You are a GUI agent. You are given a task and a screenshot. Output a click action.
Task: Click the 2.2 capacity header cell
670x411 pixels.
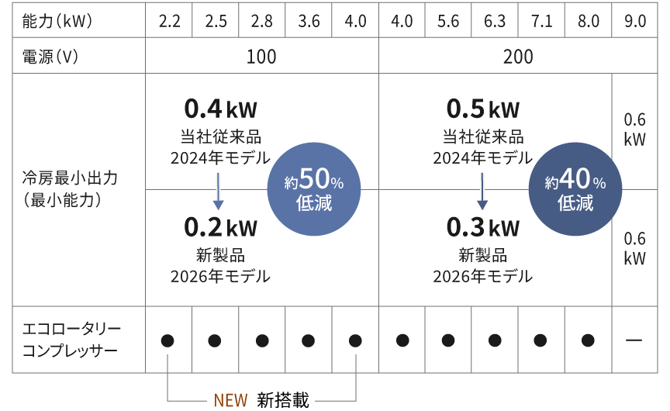(x=169, y=21)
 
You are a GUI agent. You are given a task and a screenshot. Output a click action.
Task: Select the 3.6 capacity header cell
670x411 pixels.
(x=309, y=21)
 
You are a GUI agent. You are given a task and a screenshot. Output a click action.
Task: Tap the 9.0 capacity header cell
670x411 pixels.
(x=634, y=21)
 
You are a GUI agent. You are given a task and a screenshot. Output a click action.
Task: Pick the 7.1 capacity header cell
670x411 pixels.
(x=541, y=21)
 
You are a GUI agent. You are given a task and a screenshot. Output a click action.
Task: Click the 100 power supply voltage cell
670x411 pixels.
(x=261, y=57)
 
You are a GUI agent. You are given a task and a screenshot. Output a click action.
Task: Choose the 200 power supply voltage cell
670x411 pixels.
(x=517, y=57)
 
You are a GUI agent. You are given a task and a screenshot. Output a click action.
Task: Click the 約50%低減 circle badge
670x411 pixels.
(x=313, y=190)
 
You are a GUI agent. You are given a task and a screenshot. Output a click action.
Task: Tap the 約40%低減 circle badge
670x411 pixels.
(x=575, y=190)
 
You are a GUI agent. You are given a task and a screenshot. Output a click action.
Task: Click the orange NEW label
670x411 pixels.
(x=230, y=400)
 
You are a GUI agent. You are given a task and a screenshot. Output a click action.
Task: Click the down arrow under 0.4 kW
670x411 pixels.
(x=219, y=190)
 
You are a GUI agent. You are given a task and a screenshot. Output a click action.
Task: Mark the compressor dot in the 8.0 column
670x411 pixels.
(x=588, y=340)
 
